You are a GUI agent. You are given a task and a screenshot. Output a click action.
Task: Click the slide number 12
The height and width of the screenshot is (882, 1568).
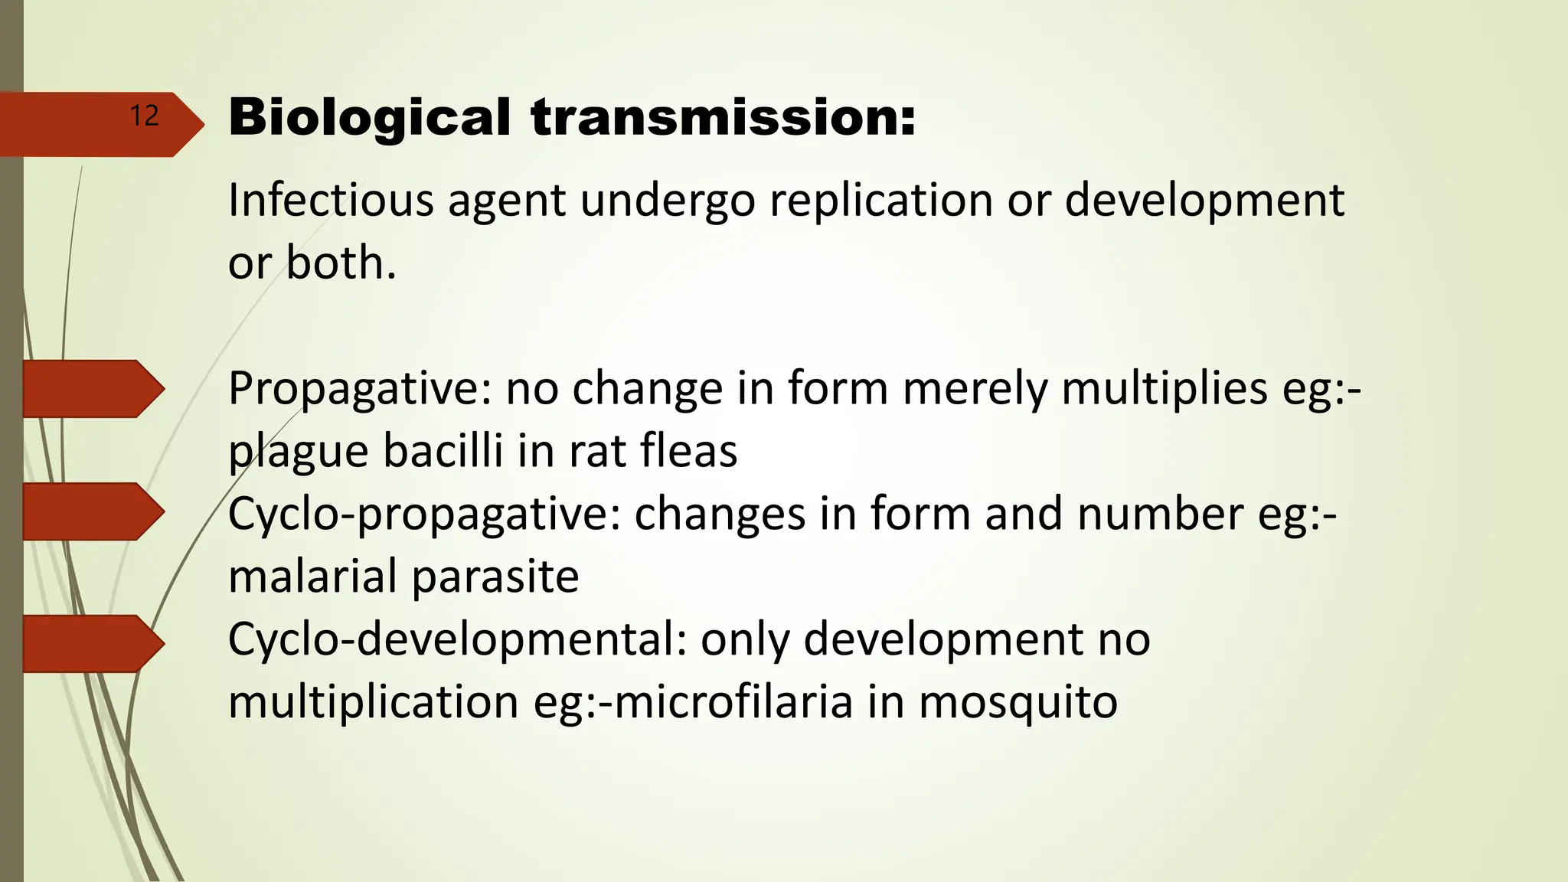tap(144, 116)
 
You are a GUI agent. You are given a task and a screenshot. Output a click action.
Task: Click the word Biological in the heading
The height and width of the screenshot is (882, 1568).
tap(369, 118)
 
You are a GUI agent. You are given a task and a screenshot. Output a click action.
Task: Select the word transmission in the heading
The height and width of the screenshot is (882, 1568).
tap(723, 118)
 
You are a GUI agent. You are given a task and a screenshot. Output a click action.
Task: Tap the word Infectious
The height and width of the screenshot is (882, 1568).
tap(330, 201)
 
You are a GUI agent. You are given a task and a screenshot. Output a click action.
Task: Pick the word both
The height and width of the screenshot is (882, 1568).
tap(341, 263)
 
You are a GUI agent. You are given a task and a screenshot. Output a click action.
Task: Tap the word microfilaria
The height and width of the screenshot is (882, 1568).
tap(733, 702)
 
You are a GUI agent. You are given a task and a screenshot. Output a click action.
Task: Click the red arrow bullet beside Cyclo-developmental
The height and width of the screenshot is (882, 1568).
tap(92, 643)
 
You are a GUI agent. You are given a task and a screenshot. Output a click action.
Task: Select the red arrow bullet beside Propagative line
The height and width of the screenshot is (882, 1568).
tap(92, 389)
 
